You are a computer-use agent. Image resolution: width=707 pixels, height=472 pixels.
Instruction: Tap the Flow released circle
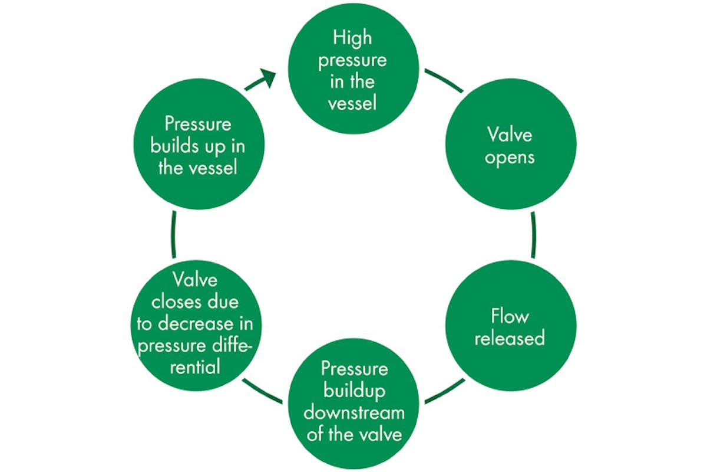point(510,327)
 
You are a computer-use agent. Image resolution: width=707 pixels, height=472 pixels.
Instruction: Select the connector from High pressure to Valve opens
point(444,80)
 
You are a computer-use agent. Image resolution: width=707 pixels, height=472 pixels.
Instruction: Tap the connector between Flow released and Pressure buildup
point(444,392)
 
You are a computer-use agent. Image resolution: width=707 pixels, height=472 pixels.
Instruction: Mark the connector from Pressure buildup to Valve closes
point(262,392)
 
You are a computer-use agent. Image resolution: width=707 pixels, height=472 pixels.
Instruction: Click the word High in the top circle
point(353,38)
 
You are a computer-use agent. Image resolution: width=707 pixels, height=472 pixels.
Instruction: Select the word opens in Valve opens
point(510,158)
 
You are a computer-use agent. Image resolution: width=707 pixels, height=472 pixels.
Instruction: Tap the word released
point(510,339)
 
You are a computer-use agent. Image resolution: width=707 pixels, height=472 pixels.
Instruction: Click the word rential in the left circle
point(194,366)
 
